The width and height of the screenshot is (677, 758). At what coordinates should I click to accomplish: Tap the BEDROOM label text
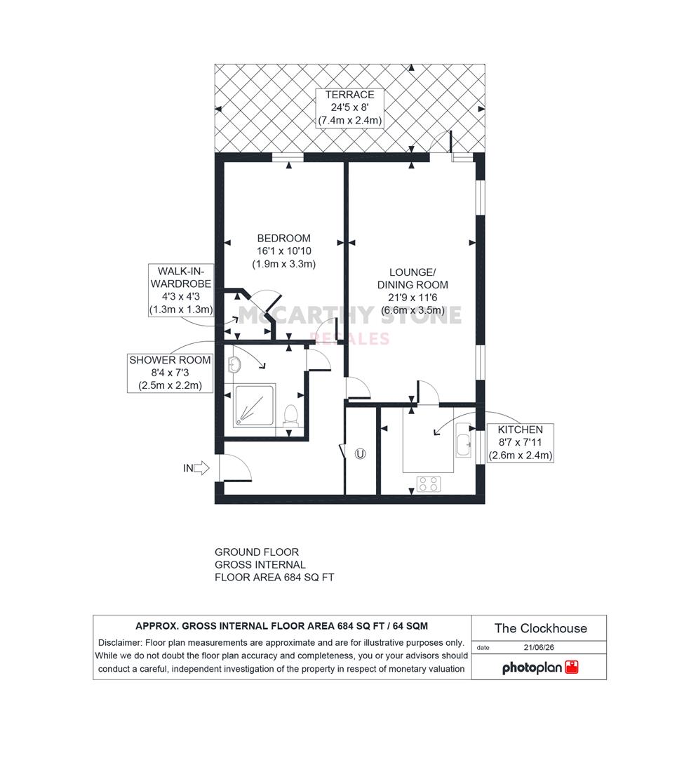[283, 239]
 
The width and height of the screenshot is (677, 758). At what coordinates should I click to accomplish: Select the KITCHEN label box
[520, 443]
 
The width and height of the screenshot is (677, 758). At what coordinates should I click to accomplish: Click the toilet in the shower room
[290, 415]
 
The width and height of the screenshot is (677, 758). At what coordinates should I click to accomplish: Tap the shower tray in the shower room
[254, 406]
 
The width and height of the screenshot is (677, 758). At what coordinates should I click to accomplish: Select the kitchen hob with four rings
[429, 484]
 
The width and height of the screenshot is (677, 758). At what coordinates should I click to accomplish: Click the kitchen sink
[464, 440]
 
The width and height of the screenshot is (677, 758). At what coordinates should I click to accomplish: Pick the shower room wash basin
[234, 365]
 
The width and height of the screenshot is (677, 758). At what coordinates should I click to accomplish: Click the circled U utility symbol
[360, 454]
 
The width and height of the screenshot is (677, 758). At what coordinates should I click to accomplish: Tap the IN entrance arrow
[196, 468]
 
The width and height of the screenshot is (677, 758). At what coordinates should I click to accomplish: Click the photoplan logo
[540, 667]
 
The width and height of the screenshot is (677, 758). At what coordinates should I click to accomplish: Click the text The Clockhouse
[541, 628]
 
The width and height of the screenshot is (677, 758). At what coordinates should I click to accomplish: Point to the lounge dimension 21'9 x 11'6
[413, 298]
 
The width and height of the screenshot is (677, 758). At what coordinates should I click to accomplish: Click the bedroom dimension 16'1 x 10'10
[283, 251]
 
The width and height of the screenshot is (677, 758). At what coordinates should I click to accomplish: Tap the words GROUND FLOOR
[257, 552]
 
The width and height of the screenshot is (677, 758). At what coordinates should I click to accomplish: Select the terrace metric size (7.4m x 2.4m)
[350, 121]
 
